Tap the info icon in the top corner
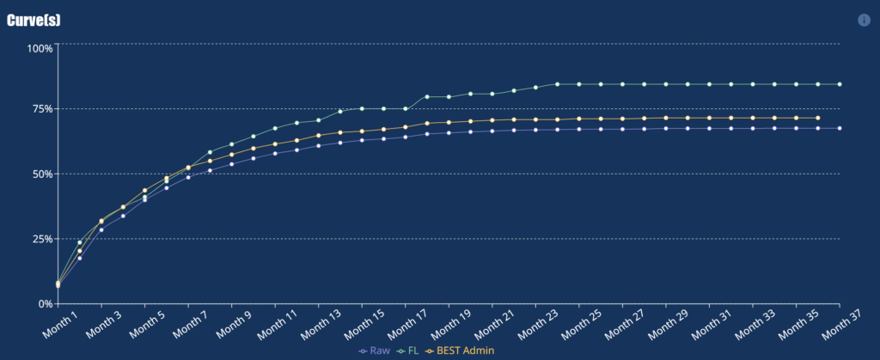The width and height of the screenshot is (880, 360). [864, 20]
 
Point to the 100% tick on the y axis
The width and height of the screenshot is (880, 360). [40, 48]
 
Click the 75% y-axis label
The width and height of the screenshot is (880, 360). [41, 109]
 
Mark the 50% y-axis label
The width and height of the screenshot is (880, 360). [41, 174]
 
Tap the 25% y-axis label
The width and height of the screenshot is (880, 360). [41, 239]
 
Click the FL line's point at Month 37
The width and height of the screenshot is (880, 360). [839, 84]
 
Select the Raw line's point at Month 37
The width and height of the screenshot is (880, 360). [839, 129]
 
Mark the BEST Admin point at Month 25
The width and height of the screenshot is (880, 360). [578, 119]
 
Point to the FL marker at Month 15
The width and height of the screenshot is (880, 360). [362, 108]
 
